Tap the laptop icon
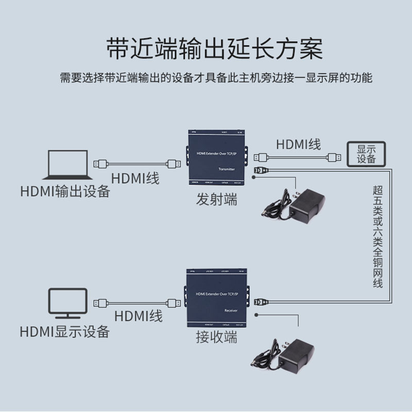[66, 164]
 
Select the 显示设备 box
[366, 154]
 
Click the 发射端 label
[217, 199]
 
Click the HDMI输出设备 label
[65, 192]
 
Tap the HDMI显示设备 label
[65, 331]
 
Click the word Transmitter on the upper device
[227, 169]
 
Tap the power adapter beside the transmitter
[299, 203]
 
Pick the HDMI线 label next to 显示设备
[299, 144]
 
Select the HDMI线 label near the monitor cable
[138, 315]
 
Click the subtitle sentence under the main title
[215, 78]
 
